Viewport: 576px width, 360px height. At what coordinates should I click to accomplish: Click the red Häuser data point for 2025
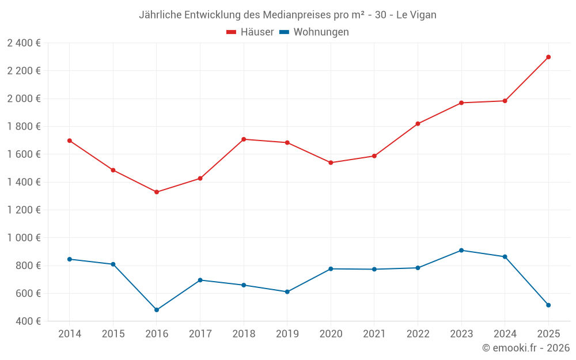pyautogui.click(x=548, y=57)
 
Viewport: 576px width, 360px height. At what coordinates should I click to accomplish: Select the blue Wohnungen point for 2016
pyautogui.click(x=157, y=310)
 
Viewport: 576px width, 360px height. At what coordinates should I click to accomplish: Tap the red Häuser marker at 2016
pyautogui.click(x=157, y=192)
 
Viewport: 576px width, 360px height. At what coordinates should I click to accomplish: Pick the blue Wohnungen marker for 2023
pyautogui.click(x=461, y=251)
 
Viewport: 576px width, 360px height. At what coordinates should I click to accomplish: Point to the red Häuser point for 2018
pyautogui.click(x=244, y=139)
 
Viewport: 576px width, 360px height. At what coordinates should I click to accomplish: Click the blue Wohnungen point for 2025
pyautogui.click(x=548, y=305)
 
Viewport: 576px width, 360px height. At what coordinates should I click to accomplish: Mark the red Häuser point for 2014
pyautogui.click(x=70, y=141)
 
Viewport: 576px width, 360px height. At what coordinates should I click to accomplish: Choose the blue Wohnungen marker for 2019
pyautogui.click(x=287, y=292)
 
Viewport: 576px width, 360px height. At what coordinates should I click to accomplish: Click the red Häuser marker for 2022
pyautogui.click(x=418, y=124)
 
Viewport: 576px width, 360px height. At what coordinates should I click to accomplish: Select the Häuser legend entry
pyautogui.click(x=250, y=32)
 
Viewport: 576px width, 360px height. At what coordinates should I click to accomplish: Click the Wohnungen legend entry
pyautogui.click(x=314, y=32)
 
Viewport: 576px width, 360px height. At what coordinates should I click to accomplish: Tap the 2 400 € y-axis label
pyautogui.click(x=24, y=43)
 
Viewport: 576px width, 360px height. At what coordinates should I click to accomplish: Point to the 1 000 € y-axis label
pyautogui.click(x=24, y=238)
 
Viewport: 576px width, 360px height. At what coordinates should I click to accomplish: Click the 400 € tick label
pyautogui.click(x=28, y=321)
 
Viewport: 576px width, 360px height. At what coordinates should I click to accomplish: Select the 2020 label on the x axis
pyautogui.click(x=331, y=334)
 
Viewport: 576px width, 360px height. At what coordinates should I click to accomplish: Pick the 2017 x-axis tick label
pyautogui.click(x=200, y=334)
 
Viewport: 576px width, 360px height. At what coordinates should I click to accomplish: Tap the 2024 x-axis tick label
pyautogui.click(x=505, y=334)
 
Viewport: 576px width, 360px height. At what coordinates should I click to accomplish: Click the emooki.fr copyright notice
pyautogui.click(x=526, y=348)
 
